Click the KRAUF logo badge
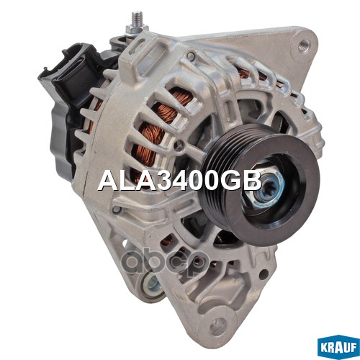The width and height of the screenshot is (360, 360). tap(338, 346)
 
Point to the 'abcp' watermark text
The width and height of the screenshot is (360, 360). tap(165, 264)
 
